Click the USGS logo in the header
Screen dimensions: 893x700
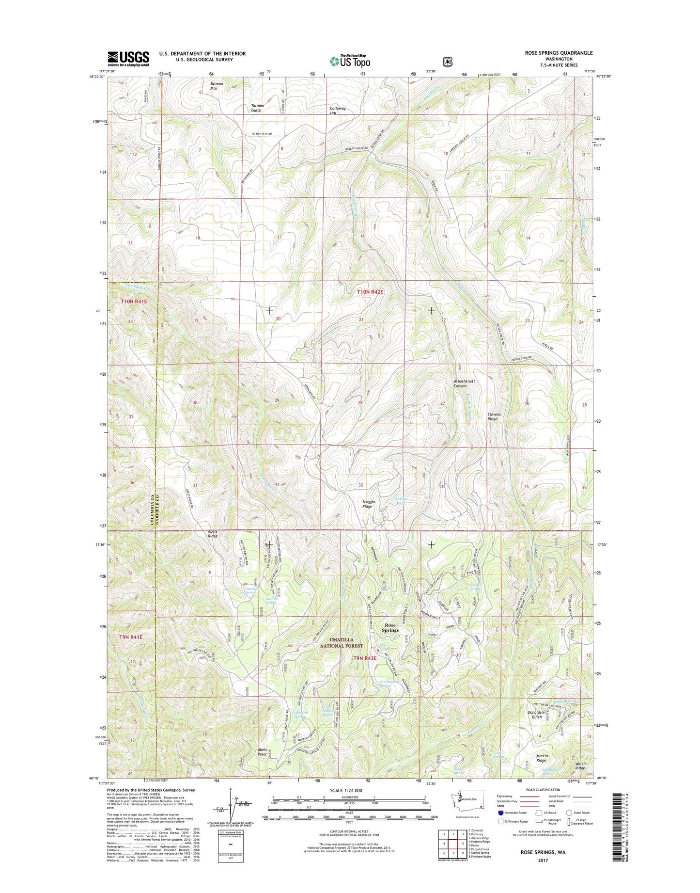tap(128, 59)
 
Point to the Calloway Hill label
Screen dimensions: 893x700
tap(338, 111)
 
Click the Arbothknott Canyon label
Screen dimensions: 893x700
tap(460, 383)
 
